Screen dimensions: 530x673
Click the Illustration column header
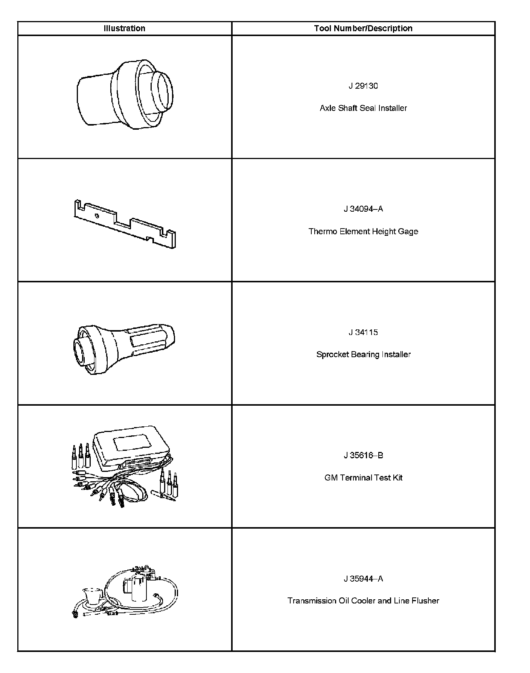coord(124,28)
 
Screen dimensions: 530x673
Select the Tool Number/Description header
coord(363,28)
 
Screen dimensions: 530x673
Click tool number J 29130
coord(363,86)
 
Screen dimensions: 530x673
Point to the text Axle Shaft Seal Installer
coord(363,108)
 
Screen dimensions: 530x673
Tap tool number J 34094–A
coord(363,209)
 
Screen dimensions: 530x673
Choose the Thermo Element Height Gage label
coord(363,231)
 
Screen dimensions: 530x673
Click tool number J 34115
coord(363,332)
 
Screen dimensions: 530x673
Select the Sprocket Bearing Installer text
coord(363,354)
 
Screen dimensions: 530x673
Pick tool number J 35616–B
coord(363,456)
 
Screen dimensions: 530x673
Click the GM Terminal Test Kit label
coord(363,478)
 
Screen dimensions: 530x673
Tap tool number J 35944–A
coord(363,579)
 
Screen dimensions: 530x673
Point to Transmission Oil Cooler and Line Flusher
coord(363,601)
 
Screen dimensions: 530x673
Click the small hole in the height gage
coord(97,216)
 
